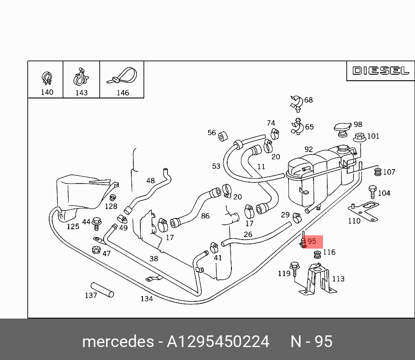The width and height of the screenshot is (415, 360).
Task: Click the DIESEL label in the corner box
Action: point(380,71)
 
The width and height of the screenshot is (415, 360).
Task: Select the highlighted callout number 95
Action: point(312,241)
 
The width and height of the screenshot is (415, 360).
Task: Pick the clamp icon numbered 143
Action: point(81,77)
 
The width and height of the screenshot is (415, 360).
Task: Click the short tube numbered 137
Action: point(102,290)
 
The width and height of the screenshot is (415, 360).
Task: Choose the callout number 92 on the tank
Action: point(308,149)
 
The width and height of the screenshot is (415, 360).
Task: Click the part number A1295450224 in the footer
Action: point(218,342)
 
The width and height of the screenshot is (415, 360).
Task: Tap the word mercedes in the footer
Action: point(118,342)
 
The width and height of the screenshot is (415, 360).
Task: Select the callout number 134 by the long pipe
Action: point(147,299)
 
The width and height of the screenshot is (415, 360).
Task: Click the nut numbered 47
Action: point(96,250)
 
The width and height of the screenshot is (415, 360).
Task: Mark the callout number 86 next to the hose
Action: point(205,216)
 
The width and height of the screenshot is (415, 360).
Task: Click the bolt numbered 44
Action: point(97,223)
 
